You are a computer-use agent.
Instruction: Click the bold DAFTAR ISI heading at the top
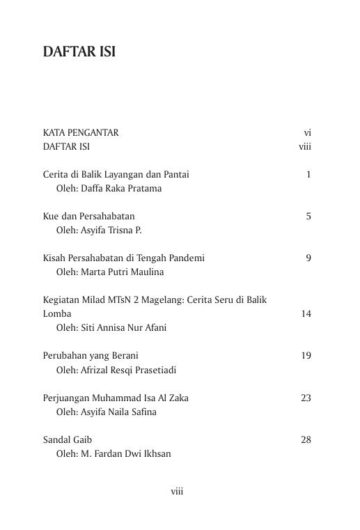pyautogui.click(x=79, y=52)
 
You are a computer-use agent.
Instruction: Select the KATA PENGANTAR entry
pyautogui.click(x=81, y=132)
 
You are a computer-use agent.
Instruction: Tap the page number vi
pyautogui.click(x=307, y=132)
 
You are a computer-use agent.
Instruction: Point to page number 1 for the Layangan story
pyautogui.click(x=308, y=174)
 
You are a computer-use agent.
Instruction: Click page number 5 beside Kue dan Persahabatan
pyautogui.click(x=308, y=217)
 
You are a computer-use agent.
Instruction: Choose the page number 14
pyautogui.click(x=306, y=314)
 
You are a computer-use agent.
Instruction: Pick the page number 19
pyautogui.click(x=306, y=356)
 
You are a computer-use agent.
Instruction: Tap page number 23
pyautogui.click(x=306, y=398)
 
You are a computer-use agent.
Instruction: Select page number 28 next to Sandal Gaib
pyautogui.click(x=306, y=440)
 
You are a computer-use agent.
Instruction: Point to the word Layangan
pyautogui.click(x=123, y=175)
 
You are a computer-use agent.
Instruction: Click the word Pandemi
pyautogui.click(x=187, y=258)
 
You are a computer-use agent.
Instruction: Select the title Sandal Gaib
pyautogui.click(x=68, y=440)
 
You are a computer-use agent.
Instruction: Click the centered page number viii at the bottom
pyautogui.click(x=177, y=492)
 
